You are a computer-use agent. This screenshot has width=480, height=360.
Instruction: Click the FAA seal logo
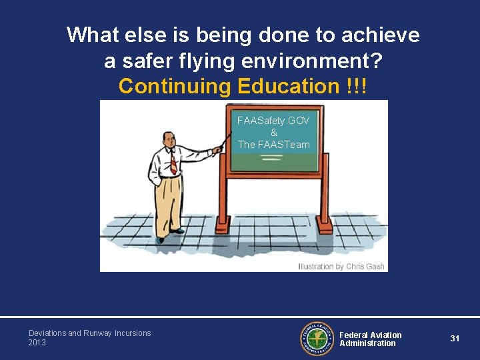[317, 338]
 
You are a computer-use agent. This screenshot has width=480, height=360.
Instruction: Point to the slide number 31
[455, 339]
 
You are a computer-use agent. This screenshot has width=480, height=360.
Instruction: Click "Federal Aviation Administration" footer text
[371, 339]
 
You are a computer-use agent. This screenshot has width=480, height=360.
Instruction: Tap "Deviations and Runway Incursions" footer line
[89, 333]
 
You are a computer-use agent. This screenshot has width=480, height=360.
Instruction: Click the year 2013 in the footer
[38, 343]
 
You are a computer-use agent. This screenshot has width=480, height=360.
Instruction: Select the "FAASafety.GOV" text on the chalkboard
[274, 121]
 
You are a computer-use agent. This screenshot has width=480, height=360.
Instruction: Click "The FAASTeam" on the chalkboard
[274, 144]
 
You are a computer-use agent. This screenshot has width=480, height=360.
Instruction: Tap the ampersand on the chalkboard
[274, 133]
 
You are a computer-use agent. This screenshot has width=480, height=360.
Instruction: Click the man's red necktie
[173, 161]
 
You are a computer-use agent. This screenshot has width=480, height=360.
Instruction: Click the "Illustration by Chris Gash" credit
[341, 267]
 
